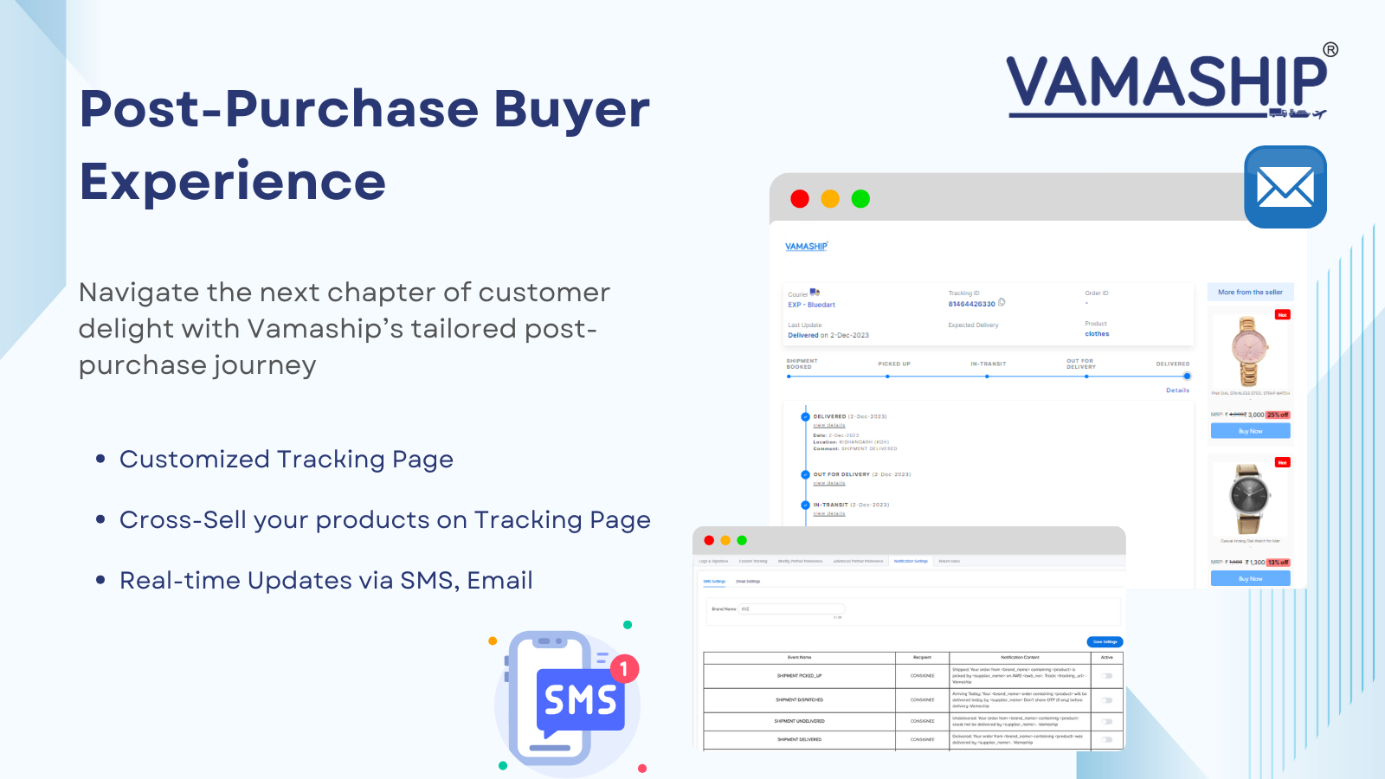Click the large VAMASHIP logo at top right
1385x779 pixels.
pyautogui.click(x=1166, y=84)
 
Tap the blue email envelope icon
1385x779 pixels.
pyautogui.click(x=1285, y=187)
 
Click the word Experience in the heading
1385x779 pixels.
pyautogui.click(x=232, y=182)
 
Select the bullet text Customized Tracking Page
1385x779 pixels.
pyautogui.click(x=286, y=459)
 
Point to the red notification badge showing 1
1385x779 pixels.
pyautogui.click(x=624, y=669)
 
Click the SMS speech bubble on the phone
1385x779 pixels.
pyautogui.click(x=580, y=699)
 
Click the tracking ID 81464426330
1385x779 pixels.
pyautogui.click(x=971, y=304)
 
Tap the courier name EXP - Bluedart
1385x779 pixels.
pyautogui.click(x=811, y=305)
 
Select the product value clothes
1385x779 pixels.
pyautogui.click(x=1097, y=334)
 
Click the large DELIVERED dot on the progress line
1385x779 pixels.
pyautogui.click(x=1187, y=377)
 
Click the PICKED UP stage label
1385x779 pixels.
pyautogui.click(x=894, y=364)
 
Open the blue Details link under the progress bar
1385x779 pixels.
pyautogui.click(x=1177, y=390)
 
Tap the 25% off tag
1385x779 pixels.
pyautogui.click(x=1278, y=415)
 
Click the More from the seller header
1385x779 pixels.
pyautogui.click(x=1250, y=293)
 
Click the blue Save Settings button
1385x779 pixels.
pyautogui.click(x=1105, y=642)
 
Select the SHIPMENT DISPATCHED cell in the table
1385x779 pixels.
pyautogui.click(x=799, y=700)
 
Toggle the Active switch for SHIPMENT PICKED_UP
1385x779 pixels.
pyautogui.click(x=1107, y=676)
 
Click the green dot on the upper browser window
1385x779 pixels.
pyautogui.click(x=860, y=199)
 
